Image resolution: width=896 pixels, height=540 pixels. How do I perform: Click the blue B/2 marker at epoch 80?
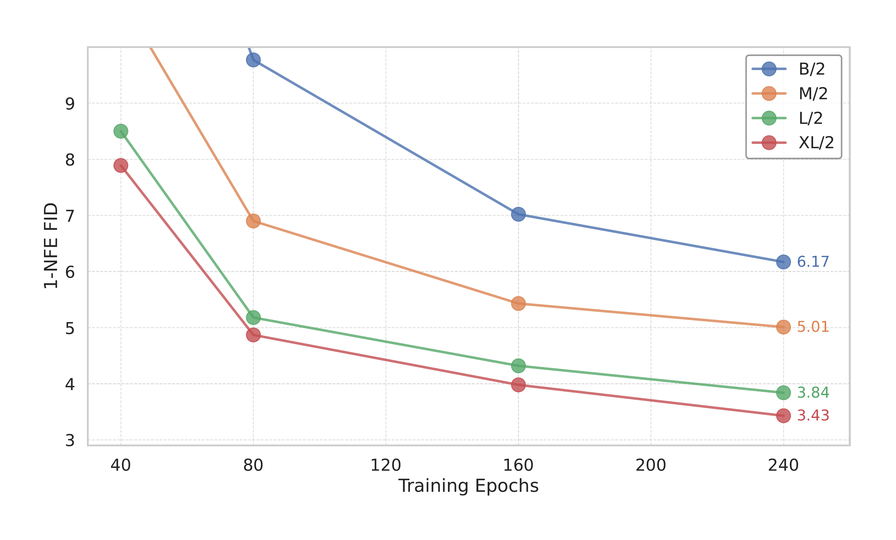coord(253,60)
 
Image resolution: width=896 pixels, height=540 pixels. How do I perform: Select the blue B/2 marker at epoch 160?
coord(518,214)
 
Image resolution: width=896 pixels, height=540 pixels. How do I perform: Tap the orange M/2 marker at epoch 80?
coord(253,221)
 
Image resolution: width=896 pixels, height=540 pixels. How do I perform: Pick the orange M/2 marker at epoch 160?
coord(518,303)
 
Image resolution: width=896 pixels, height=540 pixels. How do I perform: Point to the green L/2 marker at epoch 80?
coord(253,317)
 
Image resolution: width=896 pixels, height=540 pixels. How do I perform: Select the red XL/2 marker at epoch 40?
coord(121,166)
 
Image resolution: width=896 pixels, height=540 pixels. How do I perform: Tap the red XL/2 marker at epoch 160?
coord(518,384)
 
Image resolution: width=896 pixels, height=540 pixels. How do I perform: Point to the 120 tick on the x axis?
coord(386,465)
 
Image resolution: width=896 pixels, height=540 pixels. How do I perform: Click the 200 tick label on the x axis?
coord(651,465)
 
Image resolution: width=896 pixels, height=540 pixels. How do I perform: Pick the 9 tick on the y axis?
coord(70,104)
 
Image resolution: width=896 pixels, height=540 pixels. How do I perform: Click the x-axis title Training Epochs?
coord(468,486)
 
